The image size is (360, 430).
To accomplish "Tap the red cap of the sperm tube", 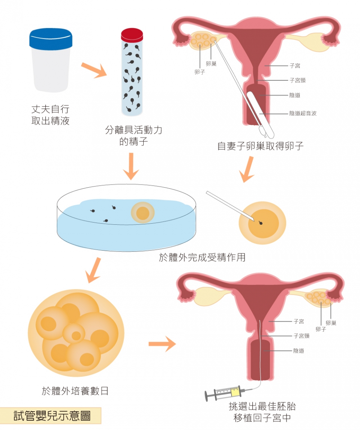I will click(132, 35).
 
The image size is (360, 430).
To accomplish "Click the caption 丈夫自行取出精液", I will click(50, 115).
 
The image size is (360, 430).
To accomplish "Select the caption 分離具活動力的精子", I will click(133, 135).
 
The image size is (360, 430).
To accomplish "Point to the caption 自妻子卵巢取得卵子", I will click(261, 146).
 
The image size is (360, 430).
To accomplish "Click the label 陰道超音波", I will click(303, 113).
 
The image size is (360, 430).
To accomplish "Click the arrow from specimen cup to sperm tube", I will click(94, 70).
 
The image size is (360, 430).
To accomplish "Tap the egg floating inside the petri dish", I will click(142, 213).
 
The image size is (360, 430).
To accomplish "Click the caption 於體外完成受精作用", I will click(202, 257).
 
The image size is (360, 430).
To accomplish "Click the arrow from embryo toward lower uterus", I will click(162, 343).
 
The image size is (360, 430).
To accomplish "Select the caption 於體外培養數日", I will click(75, 391).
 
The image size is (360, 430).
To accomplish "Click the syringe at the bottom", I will click(224, 392).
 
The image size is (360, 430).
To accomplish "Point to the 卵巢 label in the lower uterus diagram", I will click(331, 323).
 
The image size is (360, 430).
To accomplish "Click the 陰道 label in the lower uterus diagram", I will click(298, 351).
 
